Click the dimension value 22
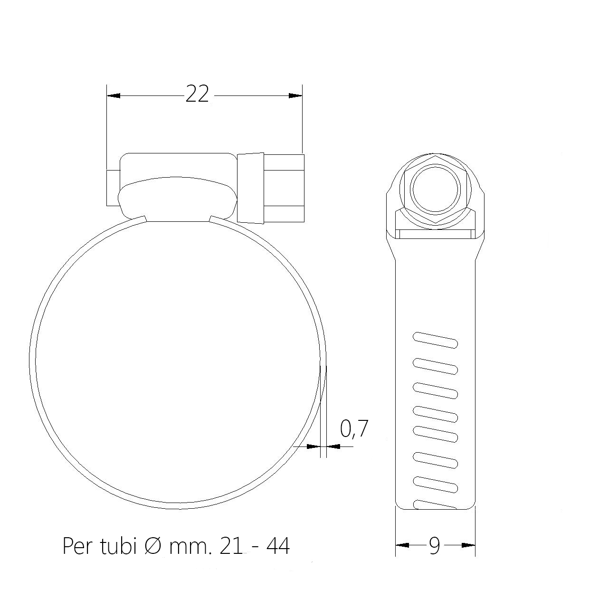point(197,94)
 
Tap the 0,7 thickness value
point(354,429)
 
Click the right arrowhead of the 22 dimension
point(295,95)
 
